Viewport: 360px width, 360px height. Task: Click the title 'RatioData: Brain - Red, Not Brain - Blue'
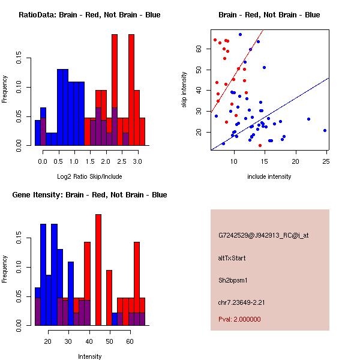click(89, 15)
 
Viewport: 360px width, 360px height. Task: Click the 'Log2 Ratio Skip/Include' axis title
click(89, 177)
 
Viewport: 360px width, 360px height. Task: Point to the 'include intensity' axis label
click(269, 177)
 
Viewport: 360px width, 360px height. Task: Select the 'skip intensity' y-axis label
click(185, 90)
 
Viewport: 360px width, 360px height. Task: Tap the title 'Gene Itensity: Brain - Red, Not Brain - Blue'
click(89, 195)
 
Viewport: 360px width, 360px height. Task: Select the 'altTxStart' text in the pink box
click(232, 258)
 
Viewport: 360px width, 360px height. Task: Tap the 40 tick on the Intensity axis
click(89, 341)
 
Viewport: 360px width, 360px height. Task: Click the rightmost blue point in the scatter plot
click(325, 130)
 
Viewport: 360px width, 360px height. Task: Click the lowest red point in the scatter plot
click(260, 145)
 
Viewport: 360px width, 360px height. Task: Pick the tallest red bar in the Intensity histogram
click(98, 270)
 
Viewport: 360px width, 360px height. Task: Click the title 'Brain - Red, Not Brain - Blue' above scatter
click(269, 15)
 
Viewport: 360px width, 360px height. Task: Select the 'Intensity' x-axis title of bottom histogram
click(89, 356)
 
